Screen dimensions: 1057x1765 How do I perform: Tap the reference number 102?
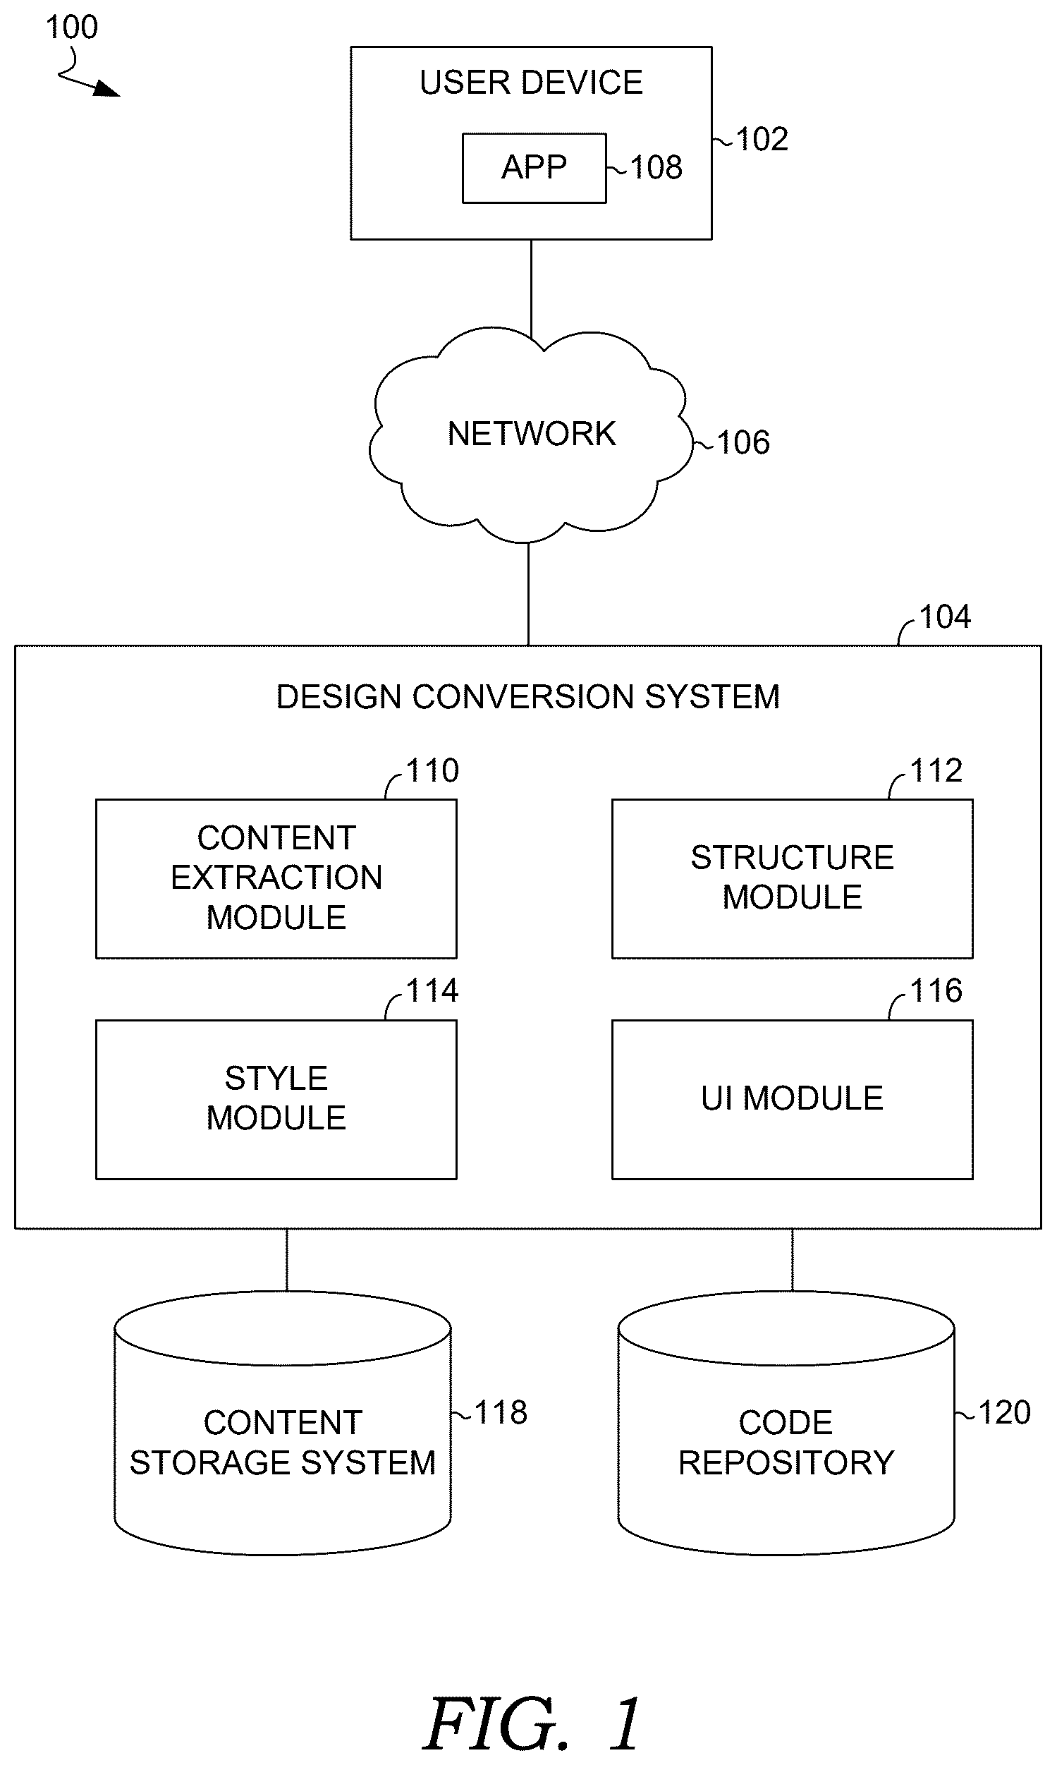tap(762, 139)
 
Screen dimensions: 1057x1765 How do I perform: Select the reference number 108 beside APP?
tap(656, 167)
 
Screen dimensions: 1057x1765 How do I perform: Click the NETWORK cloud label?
tap(532, 434)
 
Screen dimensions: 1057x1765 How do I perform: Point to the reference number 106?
tap(743, 442)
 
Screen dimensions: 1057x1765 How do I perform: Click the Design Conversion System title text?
tap(527, 697)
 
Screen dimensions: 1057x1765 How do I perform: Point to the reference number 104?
tap(944, 617)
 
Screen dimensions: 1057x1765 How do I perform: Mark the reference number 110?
tap(432, 770)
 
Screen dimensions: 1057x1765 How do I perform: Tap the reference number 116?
tap(936, 990)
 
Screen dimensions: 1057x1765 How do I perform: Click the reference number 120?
tap(1004, 1412)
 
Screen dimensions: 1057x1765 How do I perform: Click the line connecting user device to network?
tap(532, 289)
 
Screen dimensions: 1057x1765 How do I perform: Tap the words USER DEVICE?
tap(532, 83)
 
